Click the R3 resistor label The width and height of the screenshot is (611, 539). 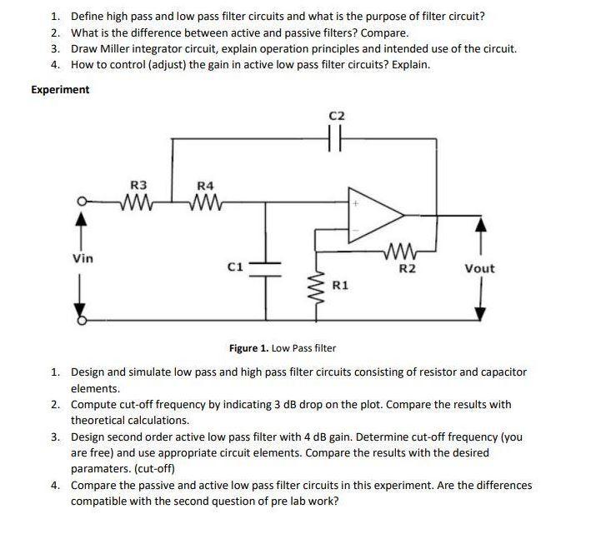pyautogui.click(x=138, y=184)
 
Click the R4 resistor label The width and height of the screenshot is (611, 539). pyautogui.click(x=204, y=184)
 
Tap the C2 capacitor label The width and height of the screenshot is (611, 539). pyautogui.click(x=336, y=116)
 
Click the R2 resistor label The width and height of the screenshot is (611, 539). pyautogui.click(x=406, y=268)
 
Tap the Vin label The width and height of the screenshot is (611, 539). pyautogui.click(x=83, y=258)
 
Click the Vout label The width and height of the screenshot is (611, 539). pyautogui.click(x=479, y=268)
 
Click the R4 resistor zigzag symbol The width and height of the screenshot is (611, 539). pyautogui.click(x=204, y=201)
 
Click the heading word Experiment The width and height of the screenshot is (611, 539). pyautogui.click(x=60, y=89)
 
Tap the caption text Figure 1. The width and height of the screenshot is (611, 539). pyautogui.click(x=253, y=347)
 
